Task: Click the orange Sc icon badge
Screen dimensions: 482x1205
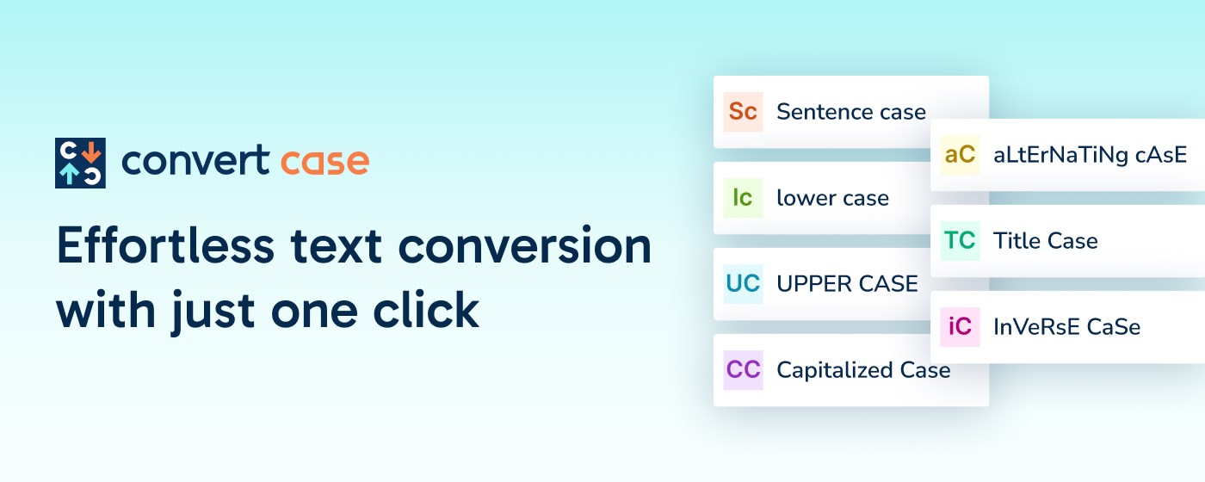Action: (743, 112)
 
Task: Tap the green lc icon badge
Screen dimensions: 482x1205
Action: (743, 198)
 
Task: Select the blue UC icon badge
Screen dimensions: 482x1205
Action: (743, 284)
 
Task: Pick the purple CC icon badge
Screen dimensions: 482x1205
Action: (743, 370)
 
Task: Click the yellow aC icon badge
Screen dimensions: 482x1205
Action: (960, 155)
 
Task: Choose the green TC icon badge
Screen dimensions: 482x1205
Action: (960, 241)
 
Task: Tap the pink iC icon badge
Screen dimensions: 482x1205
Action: (960, 327)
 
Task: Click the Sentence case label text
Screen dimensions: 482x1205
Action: (850, 112)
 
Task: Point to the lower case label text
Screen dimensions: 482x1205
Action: (832, 198)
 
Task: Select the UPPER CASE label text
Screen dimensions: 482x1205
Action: (847, 284)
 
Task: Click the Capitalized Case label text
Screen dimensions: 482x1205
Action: (863, 370)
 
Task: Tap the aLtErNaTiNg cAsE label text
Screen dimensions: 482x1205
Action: (1090, 155)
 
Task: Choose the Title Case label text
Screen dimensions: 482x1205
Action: (1045, 241)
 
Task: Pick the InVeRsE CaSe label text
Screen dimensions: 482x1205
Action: (1066, 327)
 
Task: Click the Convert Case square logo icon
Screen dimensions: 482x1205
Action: (80, 163)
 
